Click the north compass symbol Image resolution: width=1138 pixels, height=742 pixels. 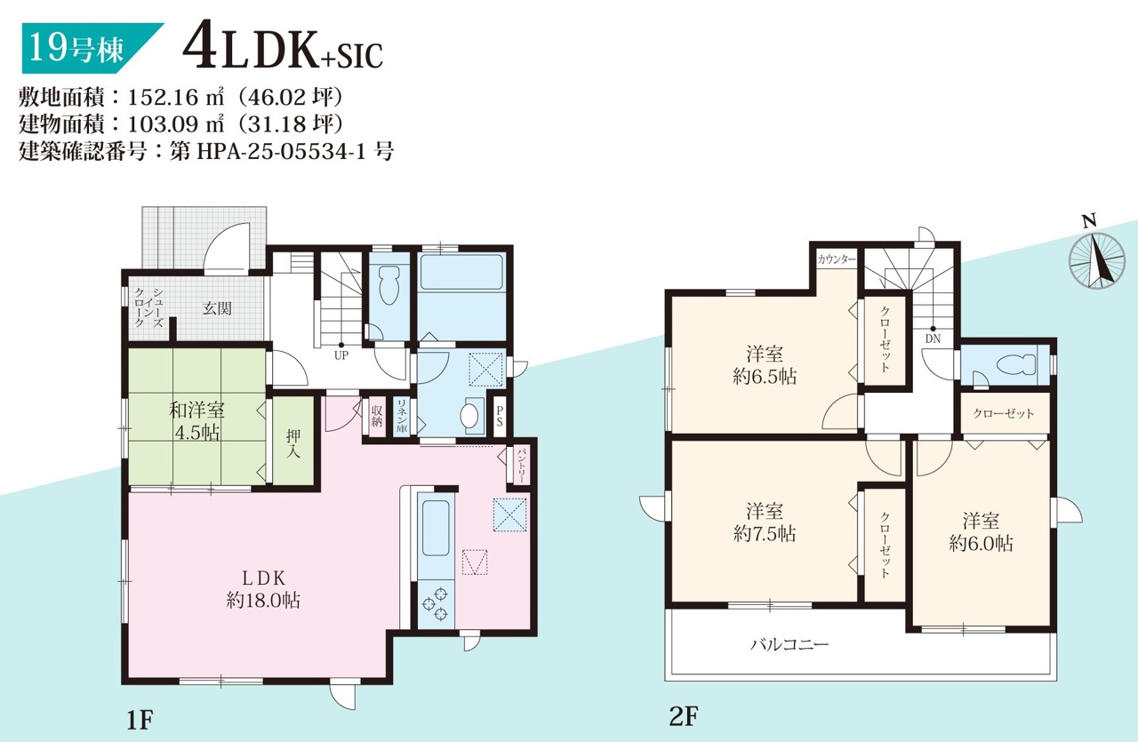(1096, 258)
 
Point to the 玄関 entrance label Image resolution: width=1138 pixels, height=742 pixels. (218, 308)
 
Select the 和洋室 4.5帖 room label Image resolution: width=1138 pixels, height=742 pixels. (197, 421)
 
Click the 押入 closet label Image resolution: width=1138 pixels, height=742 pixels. (293, 443)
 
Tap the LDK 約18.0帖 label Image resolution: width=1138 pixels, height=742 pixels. (263, 589)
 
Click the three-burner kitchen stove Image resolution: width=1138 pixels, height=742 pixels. (436, 603)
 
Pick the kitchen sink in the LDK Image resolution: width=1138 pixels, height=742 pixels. (436, 528)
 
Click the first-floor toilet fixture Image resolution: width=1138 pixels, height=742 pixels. (389, 285)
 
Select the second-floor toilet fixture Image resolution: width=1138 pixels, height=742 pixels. (1016, 363)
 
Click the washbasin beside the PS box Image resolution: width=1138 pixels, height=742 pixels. (469, 416)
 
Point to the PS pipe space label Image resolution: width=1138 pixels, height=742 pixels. (500, 416)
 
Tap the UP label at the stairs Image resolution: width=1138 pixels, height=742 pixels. (341, 355)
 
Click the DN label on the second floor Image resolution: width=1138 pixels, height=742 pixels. (933, 339)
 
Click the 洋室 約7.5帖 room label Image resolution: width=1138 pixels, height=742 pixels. (765, 523)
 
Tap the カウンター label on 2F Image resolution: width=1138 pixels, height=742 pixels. (837, 259)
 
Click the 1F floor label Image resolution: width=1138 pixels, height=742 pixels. (140, 719)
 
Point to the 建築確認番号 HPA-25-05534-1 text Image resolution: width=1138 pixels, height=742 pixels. (206, 151)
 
